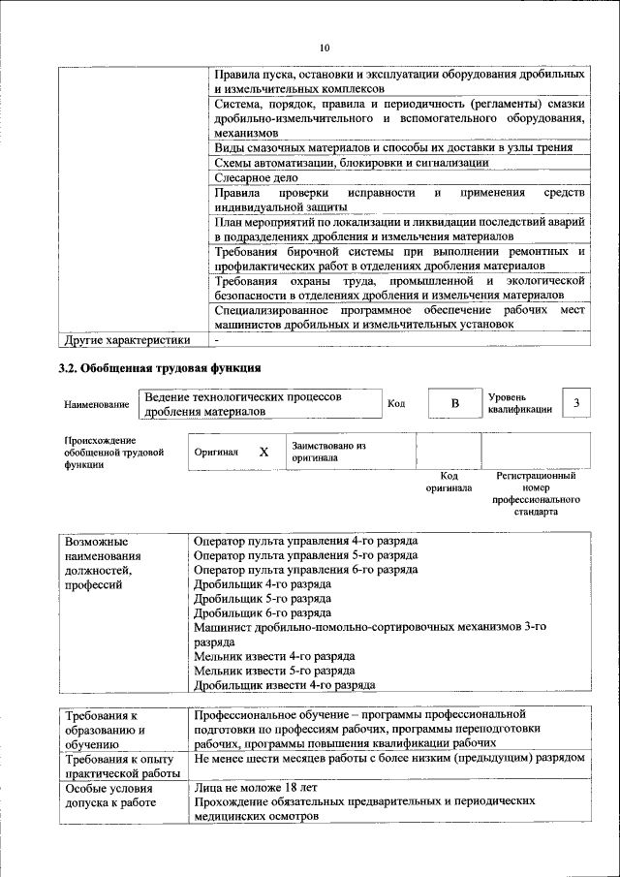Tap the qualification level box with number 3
pos(577,403)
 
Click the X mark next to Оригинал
pos(263,452)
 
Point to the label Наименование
pos(97,404)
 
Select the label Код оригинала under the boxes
pos(449,482)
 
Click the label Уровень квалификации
pos(519,403)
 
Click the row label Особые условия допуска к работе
pos(114,796)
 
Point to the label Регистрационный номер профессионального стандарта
pos(536,493)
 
